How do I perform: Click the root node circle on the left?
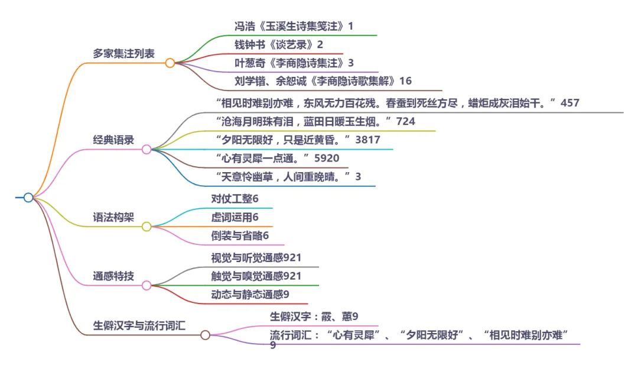point(28,198)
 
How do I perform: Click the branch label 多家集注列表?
point(123,53)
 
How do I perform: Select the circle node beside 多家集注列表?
point(170,63)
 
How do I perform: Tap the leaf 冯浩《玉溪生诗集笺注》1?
point(294,27)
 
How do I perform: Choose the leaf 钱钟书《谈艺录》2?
point(279,45)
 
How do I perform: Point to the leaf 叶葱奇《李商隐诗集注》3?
point(294,63)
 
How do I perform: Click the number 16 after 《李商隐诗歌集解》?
point(406,81)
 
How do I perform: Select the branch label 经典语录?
point(113,140)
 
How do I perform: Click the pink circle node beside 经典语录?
point(147,150)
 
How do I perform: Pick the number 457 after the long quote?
point(570,103)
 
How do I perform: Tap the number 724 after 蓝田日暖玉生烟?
point(406,122)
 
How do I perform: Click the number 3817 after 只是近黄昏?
point(367,140)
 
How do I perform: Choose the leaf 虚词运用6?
point(235,217)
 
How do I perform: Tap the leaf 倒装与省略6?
point(240,235)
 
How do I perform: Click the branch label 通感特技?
point(113,276)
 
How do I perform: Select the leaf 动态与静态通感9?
point(250,294)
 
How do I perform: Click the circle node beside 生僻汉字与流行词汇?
point(205,335)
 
